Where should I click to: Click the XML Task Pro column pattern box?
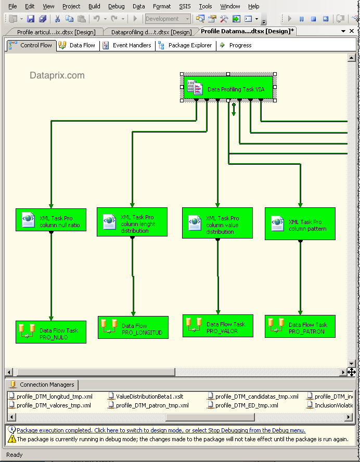tap(300, 224)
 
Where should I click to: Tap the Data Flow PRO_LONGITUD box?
tap(133, 327)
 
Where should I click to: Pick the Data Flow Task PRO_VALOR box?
tap(217, 326)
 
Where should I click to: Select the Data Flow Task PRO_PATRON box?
tap(300, 326)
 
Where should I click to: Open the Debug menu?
tap(116, 6)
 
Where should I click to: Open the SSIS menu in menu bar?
tap(185, 6)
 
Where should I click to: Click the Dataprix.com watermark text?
tap(57, 75)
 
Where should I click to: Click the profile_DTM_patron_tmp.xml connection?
tap(151, 405)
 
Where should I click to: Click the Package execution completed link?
tap(161, 430)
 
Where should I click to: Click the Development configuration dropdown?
tap(168, 19)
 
